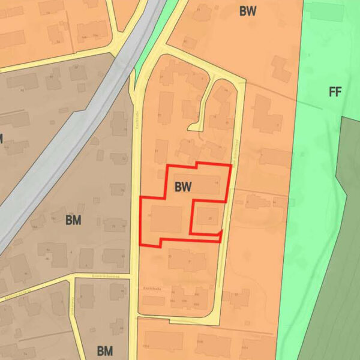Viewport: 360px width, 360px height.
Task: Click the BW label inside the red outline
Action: pyautogui.click(x=183, y=187)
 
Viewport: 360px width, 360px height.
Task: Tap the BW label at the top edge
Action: pyautogui.click(x=248, y=11)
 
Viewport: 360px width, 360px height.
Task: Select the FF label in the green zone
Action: pyautogui.click(x=335, y=92)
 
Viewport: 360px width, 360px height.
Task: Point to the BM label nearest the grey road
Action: pyautogui.click(x=73, y=220)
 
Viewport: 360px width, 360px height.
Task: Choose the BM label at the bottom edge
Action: pyautogui.click(x=105, y=350)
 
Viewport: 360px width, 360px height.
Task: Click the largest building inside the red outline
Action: pyautogui.click(x=166, y=219)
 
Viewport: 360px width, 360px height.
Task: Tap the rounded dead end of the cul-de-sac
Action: pyautogui.click(x=194, y=126)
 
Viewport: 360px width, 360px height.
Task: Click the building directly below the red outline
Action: pyautogui.click(x=180, y=258)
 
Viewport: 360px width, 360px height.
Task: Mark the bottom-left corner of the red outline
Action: pyautogui.click(x=140, y=245)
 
